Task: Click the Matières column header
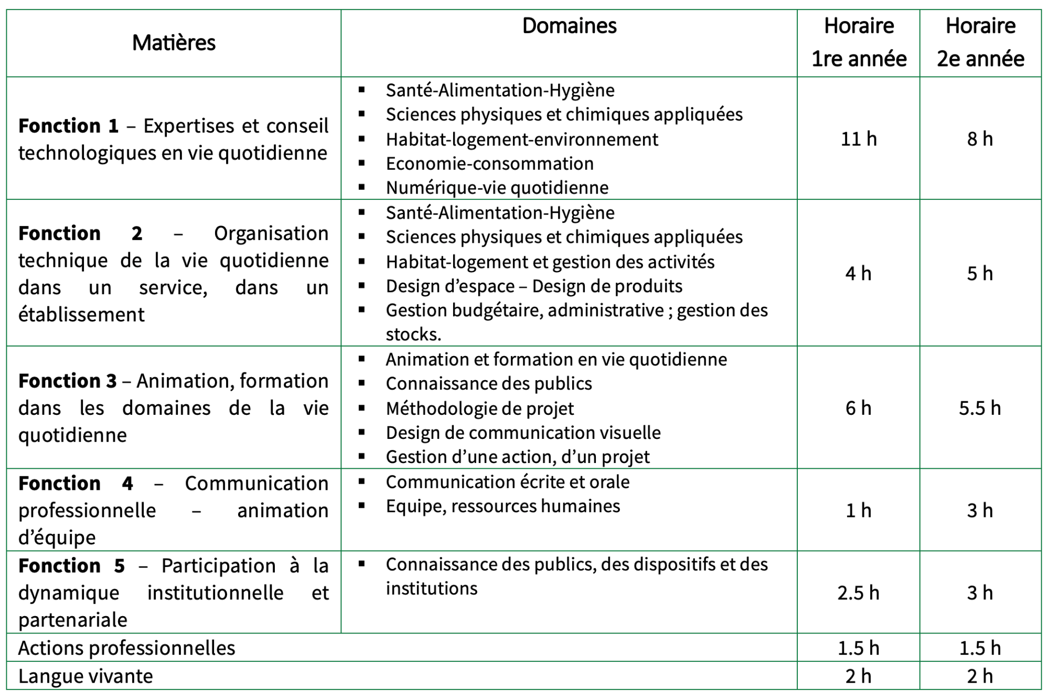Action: tap(174, 42)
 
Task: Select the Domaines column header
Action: tap(569, 26)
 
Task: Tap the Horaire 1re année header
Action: tap(859, 42)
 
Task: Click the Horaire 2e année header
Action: tap(980, 42)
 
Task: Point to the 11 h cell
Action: tap(859, 139)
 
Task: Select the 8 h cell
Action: tap(980, 139)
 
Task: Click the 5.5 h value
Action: tap(980, 408)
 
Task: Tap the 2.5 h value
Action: tap(858, 593)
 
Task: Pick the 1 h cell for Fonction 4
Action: tap(858, 510)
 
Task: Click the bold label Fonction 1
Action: tap(68, 126)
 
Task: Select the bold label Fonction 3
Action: tap(67, 381)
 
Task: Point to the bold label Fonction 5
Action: tap(71, 566)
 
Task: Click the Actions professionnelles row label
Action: tap(126, 648)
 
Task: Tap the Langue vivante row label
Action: tap(85, 676)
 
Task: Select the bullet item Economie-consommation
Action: tap(489, 164)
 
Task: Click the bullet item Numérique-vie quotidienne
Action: tap(497, 188)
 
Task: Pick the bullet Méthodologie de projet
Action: tap(479, 408)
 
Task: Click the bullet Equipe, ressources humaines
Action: tap(502, 506)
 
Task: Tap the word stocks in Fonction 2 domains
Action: tap(413, 334)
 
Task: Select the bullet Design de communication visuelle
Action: tap(523, 433)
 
